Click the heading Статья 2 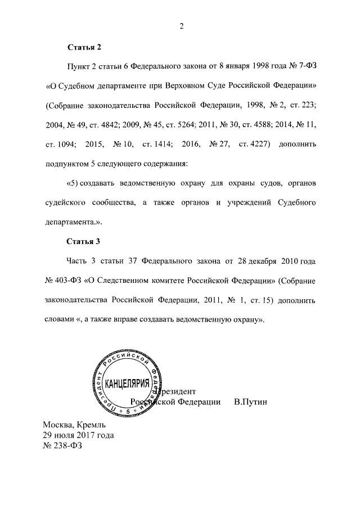pyautogui.click(x=83, y=48)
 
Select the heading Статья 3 pyautogui.click(x=83, y=242)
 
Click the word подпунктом pyautogui.click(x=69, y=165)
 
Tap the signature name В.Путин pyautogui.click(x=250, y=402)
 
